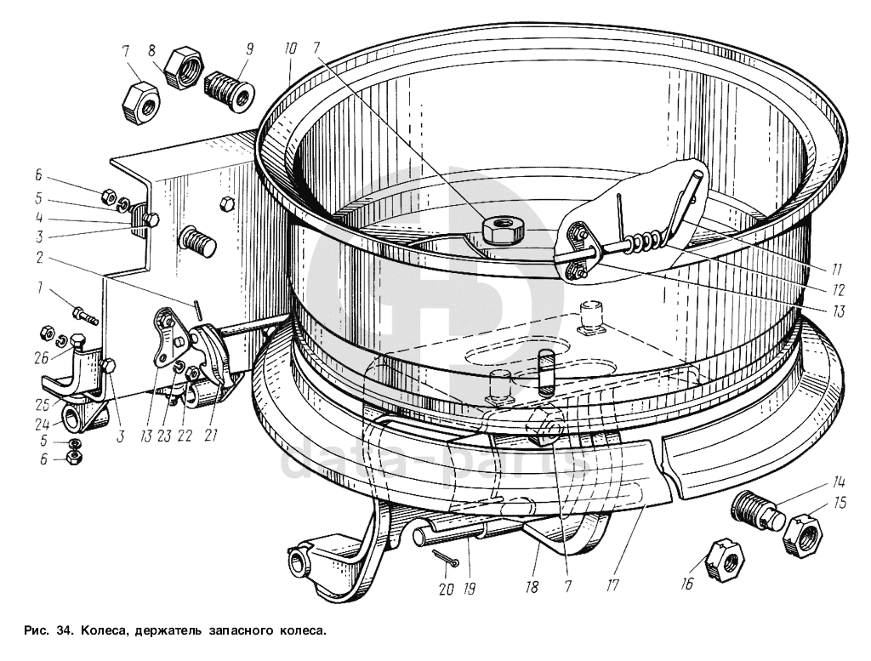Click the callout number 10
click(290, 48)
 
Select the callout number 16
click(687, 584)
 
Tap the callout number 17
click(612, 585)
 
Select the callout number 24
click(43, 424)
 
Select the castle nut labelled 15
click(803, 534)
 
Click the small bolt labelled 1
click(86, 316)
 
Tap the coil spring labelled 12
click(645, 241)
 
